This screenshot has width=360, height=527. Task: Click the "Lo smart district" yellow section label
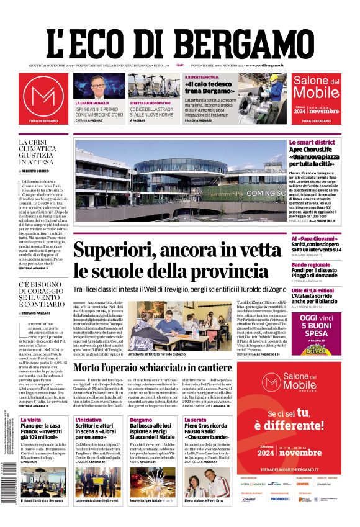click(x=312, y=143)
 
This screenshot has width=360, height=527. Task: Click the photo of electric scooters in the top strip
click(x=153, y=86)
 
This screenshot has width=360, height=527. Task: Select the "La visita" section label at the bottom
click(x=30, y=420)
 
